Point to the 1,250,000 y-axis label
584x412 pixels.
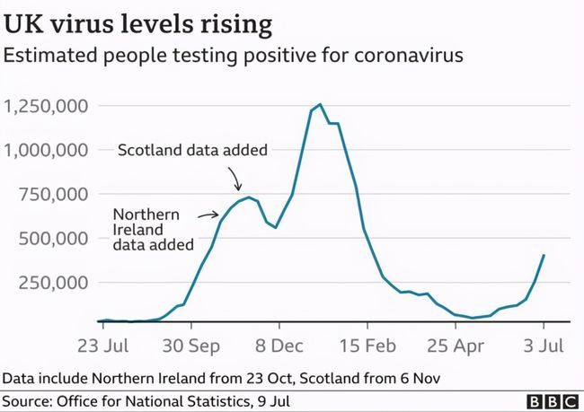[x=46, y=107]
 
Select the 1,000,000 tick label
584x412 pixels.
[x=46, y=151]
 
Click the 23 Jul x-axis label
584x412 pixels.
[x=105, y=346]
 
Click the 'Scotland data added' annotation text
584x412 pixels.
[x=193, y=151]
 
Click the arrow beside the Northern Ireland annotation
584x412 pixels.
[x=208, y=215]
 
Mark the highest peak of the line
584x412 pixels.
[x=321, y=104]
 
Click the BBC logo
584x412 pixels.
[x=548, y=399]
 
